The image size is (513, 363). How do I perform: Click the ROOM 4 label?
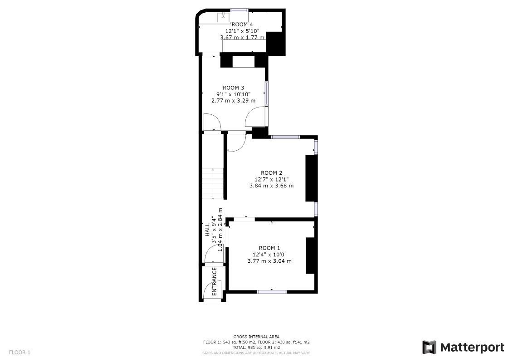[242, 25]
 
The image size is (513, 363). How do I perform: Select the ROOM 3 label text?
[234, 88]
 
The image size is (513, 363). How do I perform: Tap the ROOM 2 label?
[272, 172]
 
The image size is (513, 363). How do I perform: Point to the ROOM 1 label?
[269, 248]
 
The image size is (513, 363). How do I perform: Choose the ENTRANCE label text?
[215, 281]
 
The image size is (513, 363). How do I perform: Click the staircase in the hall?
[213, 182]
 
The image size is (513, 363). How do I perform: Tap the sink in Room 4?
[223, 18]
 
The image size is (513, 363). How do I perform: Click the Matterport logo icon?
[429, 347]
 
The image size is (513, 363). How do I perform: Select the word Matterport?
[472, 348]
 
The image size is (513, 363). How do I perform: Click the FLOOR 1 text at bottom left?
[20, 352]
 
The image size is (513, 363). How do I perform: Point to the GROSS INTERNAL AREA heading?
[256, 337]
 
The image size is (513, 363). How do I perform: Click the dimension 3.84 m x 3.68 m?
[272, 186]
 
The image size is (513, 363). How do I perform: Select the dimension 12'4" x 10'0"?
[269, 255]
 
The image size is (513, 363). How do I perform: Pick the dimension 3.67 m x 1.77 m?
[242, 38]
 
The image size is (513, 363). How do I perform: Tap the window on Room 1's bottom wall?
[272, 291]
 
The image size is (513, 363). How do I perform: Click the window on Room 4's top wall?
[239, 10]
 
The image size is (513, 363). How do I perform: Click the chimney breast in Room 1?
[310, 255]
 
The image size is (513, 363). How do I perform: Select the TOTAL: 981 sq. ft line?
[256, 347]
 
